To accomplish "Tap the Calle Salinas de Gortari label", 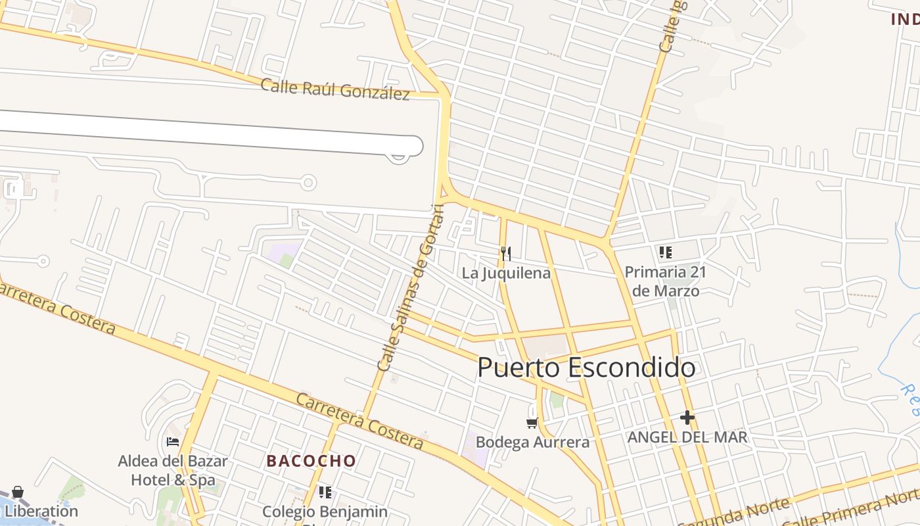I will [411, 287].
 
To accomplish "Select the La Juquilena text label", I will [506, 273].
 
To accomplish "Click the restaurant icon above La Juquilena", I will [506, 253].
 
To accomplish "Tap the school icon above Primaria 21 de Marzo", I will [666, 252].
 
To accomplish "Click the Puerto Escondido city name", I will [586, 368].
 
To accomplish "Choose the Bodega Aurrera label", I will [532, 442].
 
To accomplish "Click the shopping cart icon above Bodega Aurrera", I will [532, 423].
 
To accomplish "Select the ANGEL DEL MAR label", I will [687, 437].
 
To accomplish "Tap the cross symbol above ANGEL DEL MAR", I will [687, 418].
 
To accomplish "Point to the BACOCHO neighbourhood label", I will [311, 461].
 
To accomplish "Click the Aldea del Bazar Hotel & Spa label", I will [173, 470].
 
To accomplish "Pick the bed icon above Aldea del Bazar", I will [173, 442].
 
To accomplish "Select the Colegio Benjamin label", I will [325, 512].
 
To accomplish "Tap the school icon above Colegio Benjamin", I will [325, 492].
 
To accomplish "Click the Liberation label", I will [41, 511].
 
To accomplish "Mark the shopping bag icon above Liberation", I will [18, 492].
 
